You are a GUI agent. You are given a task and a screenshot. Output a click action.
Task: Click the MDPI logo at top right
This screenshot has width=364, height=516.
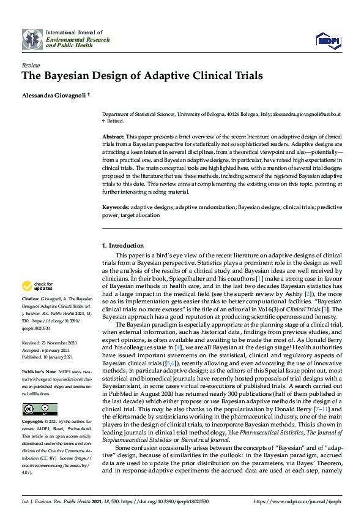[x=328, y=40]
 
